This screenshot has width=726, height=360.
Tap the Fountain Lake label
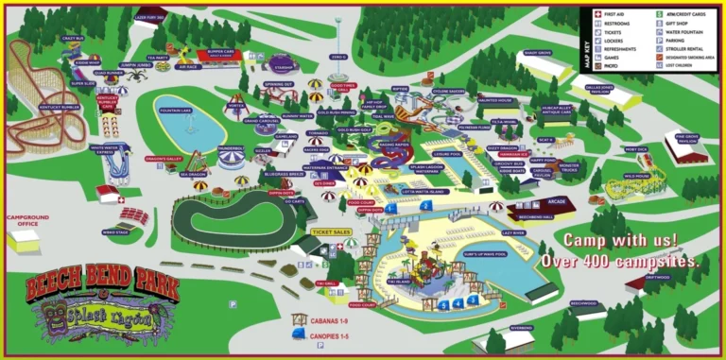tap(175, 111)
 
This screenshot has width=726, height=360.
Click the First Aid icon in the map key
tap(597, 15)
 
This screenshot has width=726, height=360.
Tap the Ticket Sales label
tap(331, 231)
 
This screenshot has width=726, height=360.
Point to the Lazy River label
tap(513, 231)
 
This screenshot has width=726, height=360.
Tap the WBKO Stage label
tap(114, 231)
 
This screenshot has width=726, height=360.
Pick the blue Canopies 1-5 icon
tap(300, 337)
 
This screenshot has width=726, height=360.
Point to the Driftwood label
tap(659, 277)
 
